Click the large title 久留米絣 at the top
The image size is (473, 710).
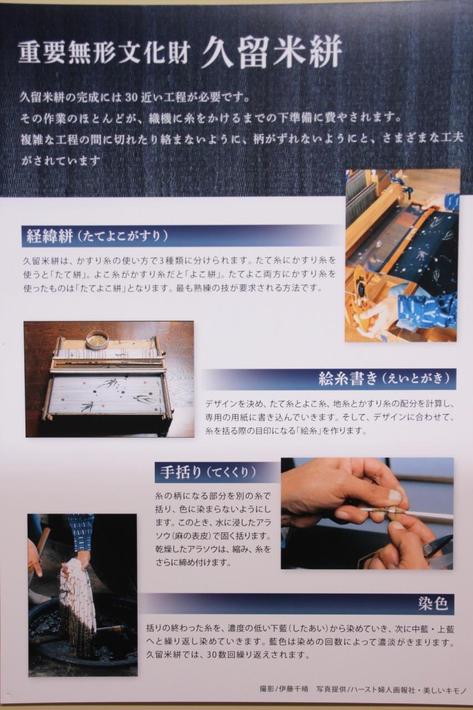click(272, 52)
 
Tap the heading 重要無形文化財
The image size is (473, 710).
click(104, 53)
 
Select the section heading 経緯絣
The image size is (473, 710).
click(49, 236)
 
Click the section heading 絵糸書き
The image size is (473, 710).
click(348, 379)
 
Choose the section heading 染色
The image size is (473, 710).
click(433, 603)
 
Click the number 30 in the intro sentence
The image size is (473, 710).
click(131, 98)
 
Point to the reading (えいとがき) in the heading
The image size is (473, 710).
click(416, 379)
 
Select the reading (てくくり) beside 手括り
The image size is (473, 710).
click(231, 472)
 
